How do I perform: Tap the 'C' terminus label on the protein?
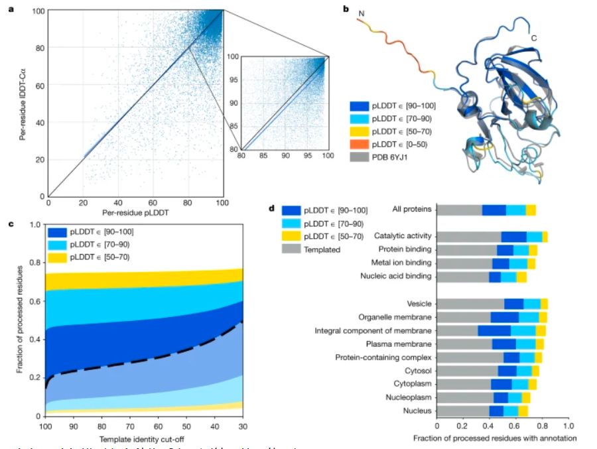point(534,38)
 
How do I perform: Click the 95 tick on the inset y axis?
point(233,81)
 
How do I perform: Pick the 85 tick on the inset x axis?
point(263,155)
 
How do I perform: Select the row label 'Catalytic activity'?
point(403,236)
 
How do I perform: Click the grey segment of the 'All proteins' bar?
point(459,210)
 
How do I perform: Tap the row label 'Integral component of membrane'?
point(373,330)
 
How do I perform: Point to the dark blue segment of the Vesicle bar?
point(513,303)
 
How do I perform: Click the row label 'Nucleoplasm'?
point(409,397)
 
